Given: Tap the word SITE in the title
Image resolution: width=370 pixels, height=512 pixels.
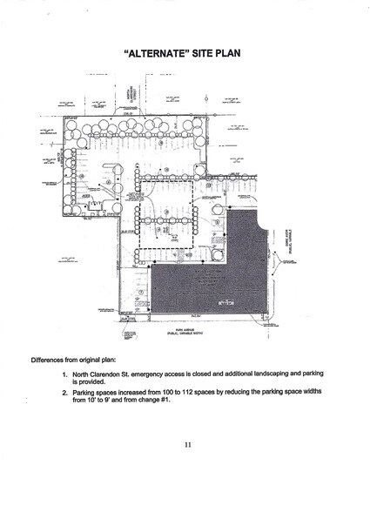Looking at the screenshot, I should [203, 54].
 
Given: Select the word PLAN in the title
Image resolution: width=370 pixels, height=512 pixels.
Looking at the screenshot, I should [229, 54].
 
